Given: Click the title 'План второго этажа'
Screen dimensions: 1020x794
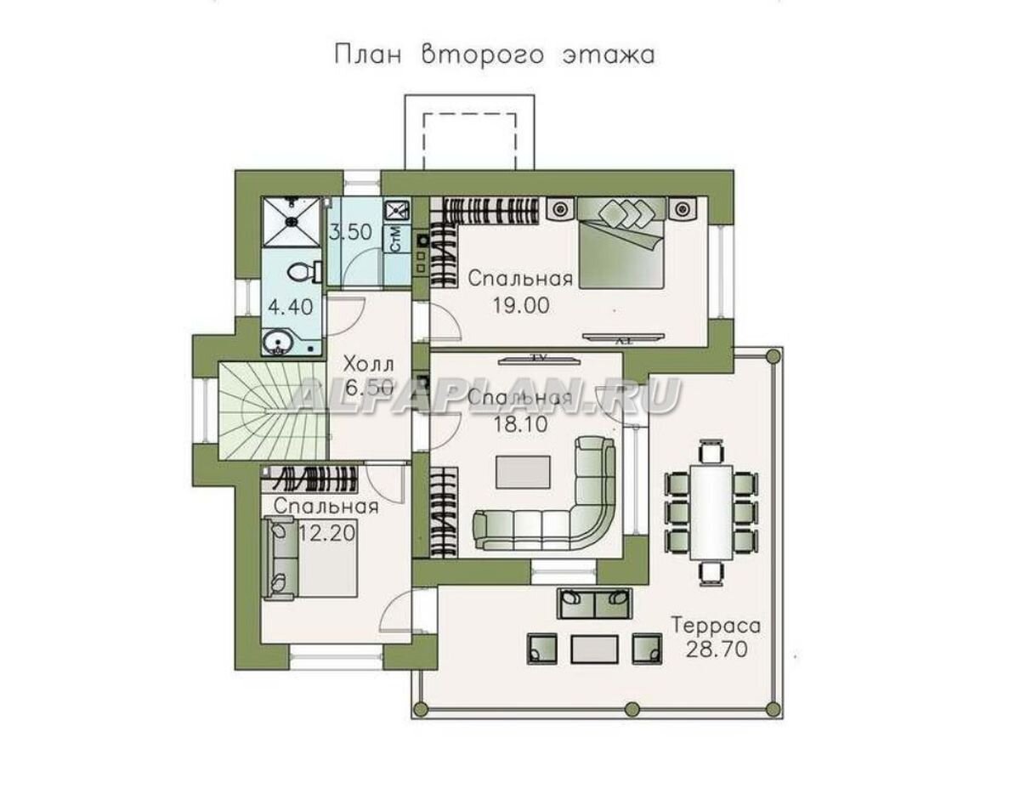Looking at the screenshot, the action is click(495, 55).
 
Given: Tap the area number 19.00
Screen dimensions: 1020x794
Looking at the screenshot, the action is click(520, 305).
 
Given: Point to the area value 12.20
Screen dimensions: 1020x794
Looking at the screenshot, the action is click(327, 533).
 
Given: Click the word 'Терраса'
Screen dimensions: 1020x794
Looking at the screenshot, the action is click(717, 626).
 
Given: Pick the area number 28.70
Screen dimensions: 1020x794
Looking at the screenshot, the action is click(717, 650).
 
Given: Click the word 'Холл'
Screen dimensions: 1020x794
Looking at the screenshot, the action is click(369, 364).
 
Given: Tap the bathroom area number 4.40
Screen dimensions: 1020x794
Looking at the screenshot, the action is click(290, 307).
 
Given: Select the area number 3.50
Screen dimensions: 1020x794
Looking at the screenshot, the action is click(350, 232).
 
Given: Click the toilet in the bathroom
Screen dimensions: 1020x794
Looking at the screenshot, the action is click(303, 272).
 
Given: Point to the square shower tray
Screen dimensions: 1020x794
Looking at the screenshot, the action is click(291, 222).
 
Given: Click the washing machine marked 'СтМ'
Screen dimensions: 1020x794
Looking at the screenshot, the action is click(396, 240).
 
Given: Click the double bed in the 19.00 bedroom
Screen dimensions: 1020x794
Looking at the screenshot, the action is click(621, 242).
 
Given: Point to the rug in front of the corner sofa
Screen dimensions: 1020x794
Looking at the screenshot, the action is click(523, 473).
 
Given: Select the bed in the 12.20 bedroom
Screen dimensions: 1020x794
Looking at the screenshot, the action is click(309, 558).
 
